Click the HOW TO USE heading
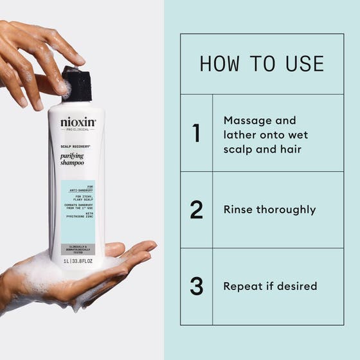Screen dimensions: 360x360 (262, 64)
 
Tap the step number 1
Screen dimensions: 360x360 (196, 133)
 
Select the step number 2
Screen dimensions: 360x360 (196, 210)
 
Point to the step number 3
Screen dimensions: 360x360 (196, 286)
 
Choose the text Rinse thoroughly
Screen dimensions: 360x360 (269, 210)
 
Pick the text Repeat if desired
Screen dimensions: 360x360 (270, 286)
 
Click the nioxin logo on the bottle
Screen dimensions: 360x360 (78, 122)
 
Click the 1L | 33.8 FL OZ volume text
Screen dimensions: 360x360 (77, 261)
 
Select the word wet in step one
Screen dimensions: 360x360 (298, 134)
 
